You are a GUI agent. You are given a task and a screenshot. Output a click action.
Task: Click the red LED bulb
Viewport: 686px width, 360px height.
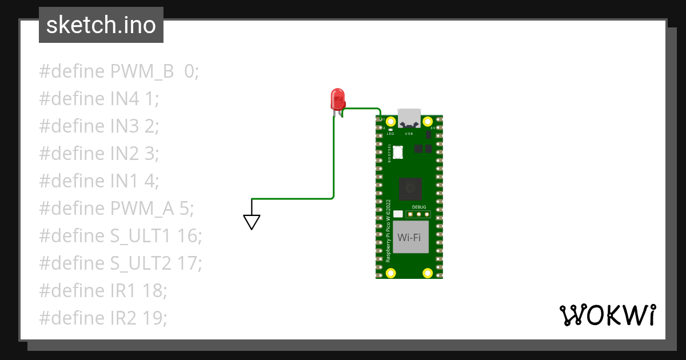pyautogui.click(x=337, y=98)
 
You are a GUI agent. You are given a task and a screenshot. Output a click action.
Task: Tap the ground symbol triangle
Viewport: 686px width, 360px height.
pyautogui.click(x=252, y=222)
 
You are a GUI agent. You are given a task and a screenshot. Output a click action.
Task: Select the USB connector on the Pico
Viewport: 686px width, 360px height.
pyautogui.click(x=409, y=118)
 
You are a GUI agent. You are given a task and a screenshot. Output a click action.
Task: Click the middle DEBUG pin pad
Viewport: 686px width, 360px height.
pyautogui.click(x=419, y=214)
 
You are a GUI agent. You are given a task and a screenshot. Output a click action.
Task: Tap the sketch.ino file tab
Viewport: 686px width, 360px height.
pyautogui.click(x=101, y=25)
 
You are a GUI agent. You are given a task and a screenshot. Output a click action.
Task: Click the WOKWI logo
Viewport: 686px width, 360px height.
pyautogui.click(x=607, y=315)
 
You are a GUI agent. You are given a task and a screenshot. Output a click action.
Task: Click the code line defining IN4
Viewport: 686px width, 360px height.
pyautogui.click(x=99, y=99)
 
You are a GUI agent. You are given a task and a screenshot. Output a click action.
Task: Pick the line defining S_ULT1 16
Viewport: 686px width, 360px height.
pyautogui.click(x=121, y=236)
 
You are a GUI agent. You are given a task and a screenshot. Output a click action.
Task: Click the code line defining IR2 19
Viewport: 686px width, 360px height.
pyautogui.click(x=103, y=318)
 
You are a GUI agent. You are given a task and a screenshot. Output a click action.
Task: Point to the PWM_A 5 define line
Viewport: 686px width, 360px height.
pyautogui.click(x=117, y=209)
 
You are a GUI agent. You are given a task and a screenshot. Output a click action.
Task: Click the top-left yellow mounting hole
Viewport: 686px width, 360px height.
pyautogui.click(x=391, y=122)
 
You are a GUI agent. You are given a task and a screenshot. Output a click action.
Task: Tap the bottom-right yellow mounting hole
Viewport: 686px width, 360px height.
pyautogui.click(x=427, y=273)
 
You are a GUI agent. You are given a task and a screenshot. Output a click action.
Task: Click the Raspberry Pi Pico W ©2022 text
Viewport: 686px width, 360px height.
pyautogui.click(x=388, y=231)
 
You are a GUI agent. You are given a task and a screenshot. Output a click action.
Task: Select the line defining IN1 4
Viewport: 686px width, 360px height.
pyautogui.click(x=99, y=181)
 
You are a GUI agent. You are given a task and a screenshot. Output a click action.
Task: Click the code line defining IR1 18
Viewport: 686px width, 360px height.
pyautogui.click(x=103, y=291)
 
